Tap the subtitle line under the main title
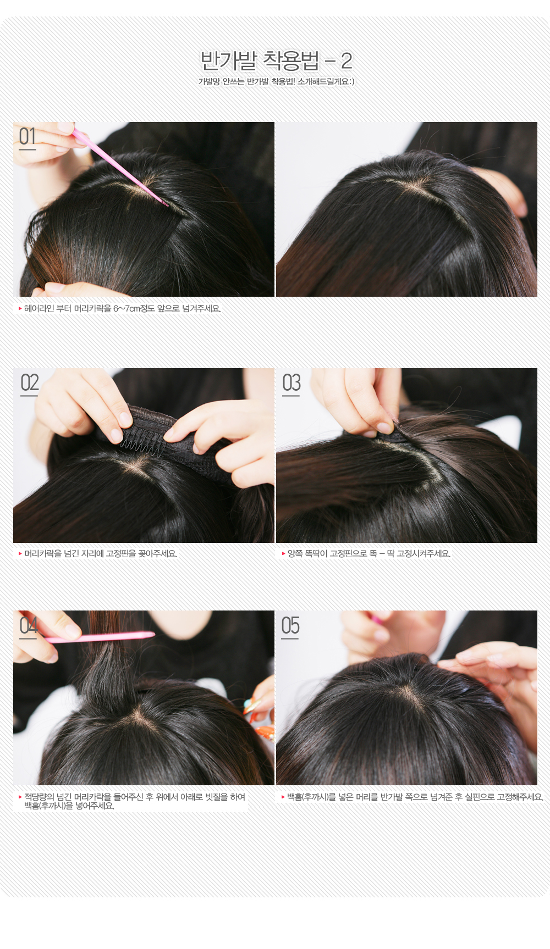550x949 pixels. (x=276, y=82)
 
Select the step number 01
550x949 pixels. (x=28, y=137)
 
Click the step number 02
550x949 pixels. (x=30, y=382)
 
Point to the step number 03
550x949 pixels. (x=291, y=382)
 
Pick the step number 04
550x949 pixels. (x=29, y=625)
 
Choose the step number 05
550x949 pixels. (x=290, y=625)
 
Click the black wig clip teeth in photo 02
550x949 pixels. (x=143, y=441)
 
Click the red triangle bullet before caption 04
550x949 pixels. (x=20, y=797)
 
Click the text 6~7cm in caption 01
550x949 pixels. (x=127, y=309)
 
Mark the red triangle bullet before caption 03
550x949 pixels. (x=284, y=554)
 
